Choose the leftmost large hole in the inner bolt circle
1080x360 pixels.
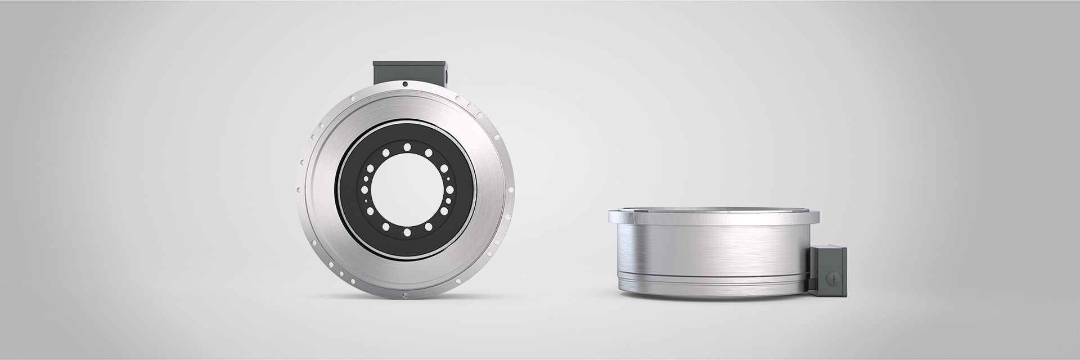click(368, 169)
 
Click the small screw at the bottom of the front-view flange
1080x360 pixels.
click(405, 295)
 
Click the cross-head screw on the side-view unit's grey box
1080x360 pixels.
click(833, 278)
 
